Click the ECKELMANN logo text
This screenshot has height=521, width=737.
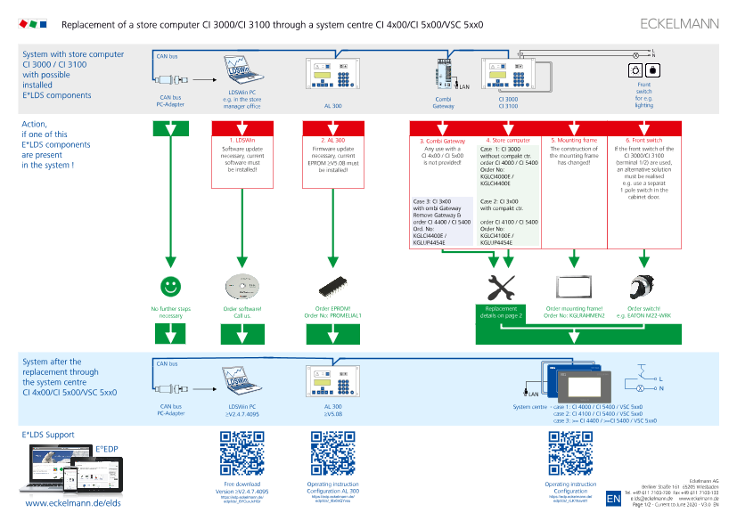679,24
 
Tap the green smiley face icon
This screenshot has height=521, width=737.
169,262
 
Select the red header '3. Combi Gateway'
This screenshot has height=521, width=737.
443,141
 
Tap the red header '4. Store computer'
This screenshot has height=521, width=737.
508,141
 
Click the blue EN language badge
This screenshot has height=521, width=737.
613,500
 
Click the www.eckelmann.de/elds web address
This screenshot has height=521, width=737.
73,504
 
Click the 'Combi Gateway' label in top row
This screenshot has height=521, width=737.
444,102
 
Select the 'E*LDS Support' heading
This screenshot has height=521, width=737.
48,434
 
